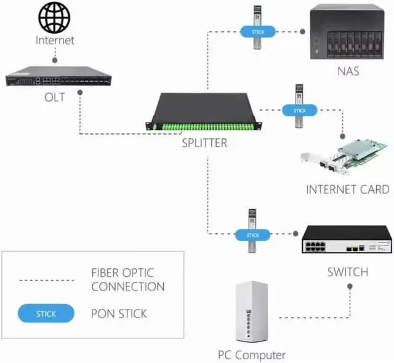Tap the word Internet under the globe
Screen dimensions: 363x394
(x=55, y=41)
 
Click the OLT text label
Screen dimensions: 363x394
(x=54, y=98)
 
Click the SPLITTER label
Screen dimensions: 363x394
(x=204, y=143)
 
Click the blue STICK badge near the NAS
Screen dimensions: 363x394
(x=253, y=30)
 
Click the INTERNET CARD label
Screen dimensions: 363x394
(x=348, y=189)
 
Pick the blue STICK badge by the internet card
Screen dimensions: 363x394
(x=299, y=111)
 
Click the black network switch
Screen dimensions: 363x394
(x=345, y=240)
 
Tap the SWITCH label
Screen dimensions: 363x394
(x=347, y=272)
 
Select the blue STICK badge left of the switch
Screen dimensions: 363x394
(x=252, y=235)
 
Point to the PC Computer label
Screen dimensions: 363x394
(x=251, y=355)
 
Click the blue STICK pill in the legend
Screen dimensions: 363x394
(x=46, y=314)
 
